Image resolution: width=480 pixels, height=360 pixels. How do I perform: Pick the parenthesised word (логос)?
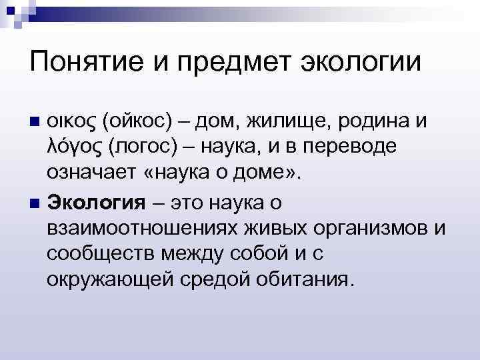[141, 148]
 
